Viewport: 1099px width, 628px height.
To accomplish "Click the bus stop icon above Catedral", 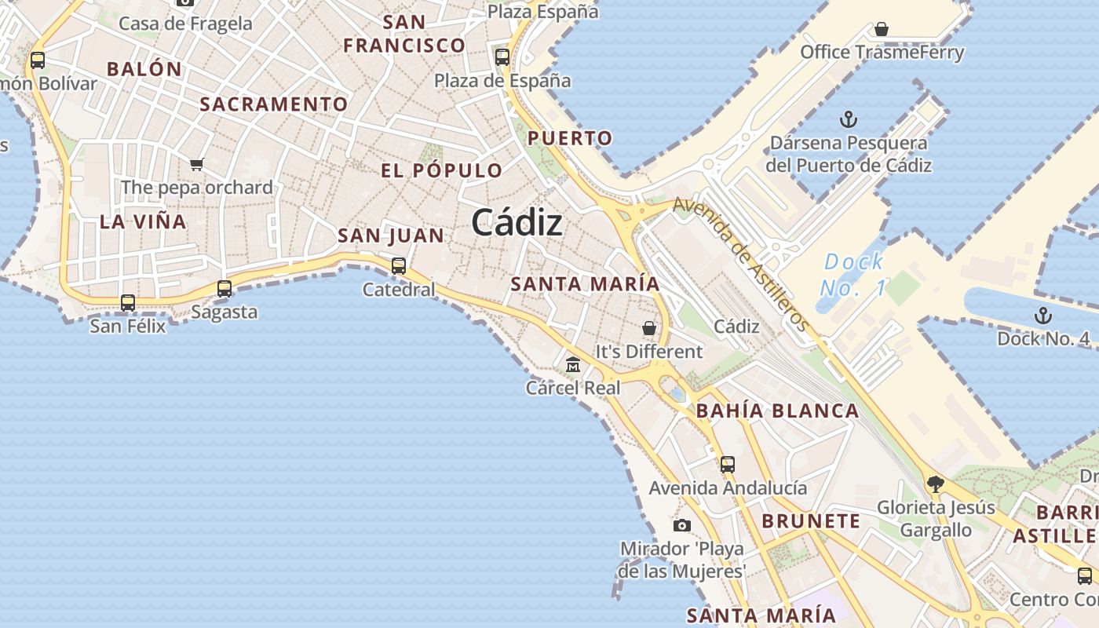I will coord(399,265).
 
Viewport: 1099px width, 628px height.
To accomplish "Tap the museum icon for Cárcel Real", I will coord(573,365).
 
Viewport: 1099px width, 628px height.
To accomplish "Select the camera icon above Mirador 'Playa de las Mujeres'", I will coord(682,525).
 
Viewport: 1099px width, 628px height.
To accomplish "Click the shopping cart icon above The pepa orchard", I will coord(196,164).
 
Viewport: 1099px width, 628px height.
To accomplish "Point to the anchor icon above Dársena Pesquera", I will coord(848,119).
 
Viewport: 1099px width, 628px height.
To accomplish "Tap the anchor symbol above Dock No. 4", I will coord(1042,316).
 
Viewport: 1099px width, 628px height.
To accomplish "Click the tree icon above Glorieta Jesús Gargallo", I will coord(934,484).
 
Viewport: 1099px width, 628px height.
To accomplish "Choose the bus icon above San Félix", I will coord(127,302).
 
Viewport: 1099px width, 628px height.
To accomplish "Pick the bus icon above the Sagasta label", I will coord(225,288).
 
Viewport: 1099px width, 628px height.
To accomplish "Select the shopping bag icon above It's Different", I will coord(649,328).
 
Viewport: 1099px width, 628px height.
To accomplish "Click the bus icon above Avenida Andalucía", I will coord(728,464).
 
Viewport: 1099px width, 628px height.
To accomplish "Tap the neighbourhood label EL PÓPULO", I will coord(441,170).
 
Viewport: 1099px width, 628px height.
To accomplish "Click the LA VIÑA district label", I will coord(143,222).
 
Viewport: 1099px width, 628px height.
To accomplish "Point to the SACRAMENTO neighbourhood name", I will coord(273,104).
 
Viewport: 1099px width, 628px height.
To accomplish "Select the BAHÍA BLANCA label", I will coord(777,411).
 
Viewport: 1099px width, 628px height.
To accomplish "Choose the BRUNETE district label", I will coord(811,521).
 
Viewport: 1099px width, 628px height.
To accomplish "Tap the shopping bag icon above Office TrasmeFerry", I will coord(882,30).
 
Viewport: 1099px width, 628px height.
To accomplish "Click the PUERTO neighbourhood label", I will coord(569,139).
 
